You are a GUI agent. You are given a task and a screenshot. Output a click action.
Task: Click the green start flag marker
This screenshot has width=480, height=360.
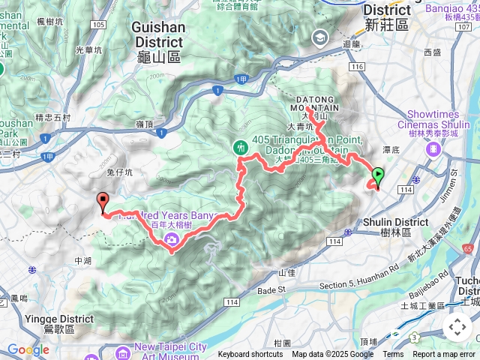coord(378,177)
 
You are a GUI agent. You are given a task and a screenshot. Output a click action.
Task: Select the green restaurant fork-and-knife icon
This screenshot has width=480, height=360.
coord(241,148)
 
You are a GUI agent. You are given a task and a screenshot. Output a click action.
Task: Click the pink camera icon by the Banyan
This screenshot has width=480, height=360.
coord(172,239)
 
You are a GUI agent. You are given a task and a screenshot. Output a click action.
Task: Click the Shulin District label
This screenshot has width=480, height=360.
coord(394,227)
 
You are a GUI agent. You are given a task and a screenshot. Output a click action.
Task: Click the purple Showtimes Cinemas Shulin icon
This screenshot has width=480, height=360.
coord(433,148)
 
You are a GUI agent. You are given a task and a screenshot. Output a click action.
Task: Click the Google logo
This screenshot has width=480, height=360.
coord(28,349)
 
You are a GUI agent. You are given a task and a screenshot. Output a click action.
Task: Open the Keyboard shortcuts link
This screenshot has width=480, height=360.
coord(250,355)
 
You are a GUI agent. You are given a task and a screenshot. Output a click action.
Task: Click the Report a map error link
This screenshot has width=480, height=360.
coord(444,355)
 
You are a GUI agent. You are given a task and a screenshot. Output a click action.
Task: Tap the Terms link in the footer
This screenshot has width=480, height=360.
coord(393,355)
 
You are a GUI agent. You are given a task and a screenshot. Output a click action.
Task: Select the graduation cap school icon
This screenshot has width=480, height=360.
coord(320,37)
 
